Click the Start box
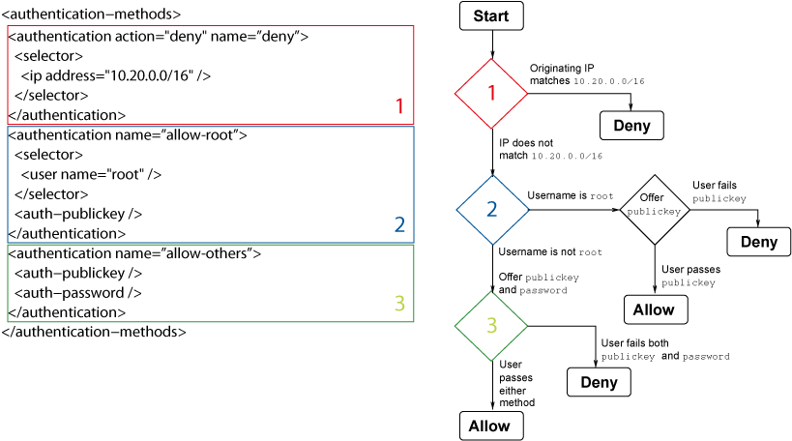pyautogui.click(x=491, y=15)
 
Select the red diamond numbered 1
pyautogui.click(x=491, y=93)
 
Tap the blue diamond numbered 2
pyautogui.click(x=491, y=209)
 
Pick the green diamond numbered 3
pyautogui.click(x=491, y=326)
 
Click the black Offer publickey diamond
pyautogui.click(x=655, y=209)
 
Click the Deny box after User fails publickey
pyautogui.click(x=758, y=242)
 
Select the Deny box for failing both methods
pyautogui.click(x=599, y=382)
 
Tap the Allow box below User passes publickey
pyautogui.click(x=655, y=309)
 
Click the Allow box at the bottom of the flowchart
pyautogui.click(x=490, y=426)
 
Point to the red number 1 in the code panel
pyautogui.click(x=399, y=106)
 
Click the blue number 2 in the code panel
pyautogui.click(x=399, y=224)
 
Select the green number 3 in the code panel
pyautogui.click(x=399, y=304)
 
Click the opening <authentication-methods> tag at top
pyautogui.click(x=90, y=15)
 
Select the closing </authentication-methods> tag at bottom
pyautogui.click(x=94, y=331)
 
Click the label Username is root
pyautogui.click(x=570, y=196)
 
